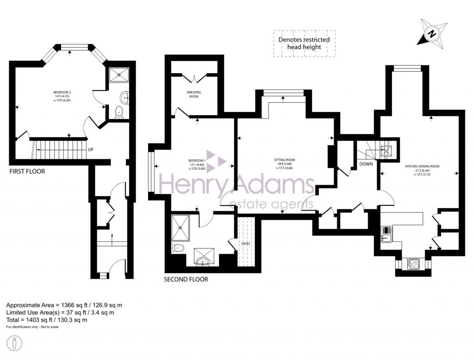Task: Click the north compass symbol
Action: click(432, 33)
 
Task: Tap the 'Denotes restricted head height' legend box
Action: click(304, 43)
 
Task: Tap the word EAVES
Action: click(245, 243)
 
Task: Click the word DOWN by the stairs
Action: click(366, 164)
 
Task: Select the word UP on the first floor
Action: click(91, 150)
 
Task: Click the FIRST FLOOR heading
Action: click(27, 171)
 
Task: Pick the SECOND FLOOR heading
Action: click(186, 279)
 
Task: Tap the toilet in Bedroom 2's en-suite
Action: click(118, 111)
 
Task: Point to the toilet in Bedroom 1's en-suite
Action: click(178, 248)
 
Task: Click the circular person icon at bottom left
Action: click(16, 343)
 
